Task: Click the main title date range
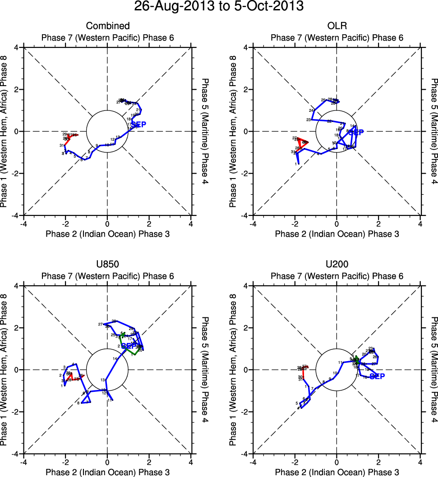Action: click(219, 7)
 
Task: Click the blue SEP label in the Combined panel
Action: click(138, 124)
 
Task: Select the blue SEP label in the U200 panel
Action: click(377, 376)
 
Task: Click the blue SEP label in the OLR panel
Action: click(356, 133)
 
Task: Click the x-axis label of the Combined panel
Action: click(107, 234)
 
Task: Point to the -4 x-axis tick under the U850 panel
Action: click(23, 462)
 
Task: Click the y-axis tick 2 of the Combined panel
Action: click(18, 89)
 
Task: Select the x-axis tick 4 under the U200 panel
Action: click(420, 462)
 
